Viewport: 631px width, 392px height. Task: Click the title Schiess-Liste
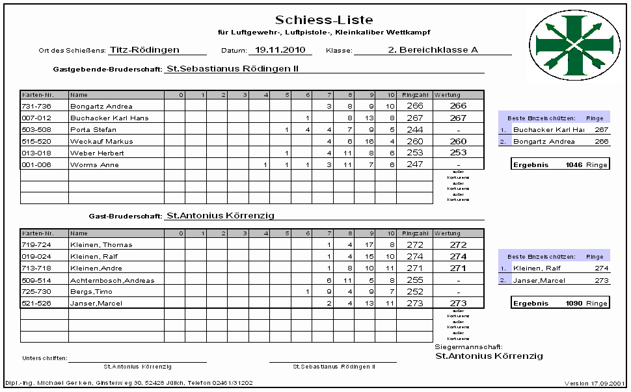coord(324,20)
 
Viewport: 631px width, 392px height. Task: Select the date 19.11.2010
coord(280,49)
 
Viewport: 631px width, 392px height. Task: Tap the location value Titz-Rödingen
coord(144,49)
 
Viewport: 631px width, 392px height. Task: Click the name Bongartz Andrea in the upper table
coord(101,106)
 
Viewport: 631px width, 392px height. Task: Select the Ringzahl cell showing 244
coord(414,129)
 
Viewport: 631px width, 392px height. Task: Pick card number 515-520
coord(36,141)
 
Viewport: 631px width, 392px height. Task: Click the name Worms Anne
coord(92,164)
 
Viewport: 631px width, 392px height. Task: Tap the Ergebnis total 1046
coord(573,165)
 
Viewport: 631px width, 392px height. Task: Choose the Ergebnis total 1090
coord(573,304)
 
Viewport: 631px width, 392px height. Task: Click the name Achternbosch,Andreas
coord(112,280)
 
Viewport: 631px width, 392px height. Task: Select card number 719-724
coord(36,245)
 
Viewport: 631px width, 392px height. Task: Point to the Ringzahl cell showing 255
coord(414,280)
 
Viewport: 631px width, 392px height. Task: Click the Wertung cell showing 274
coord(458,257)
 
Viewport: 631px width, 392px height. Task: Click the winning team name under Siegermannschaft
coord(489,356)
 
